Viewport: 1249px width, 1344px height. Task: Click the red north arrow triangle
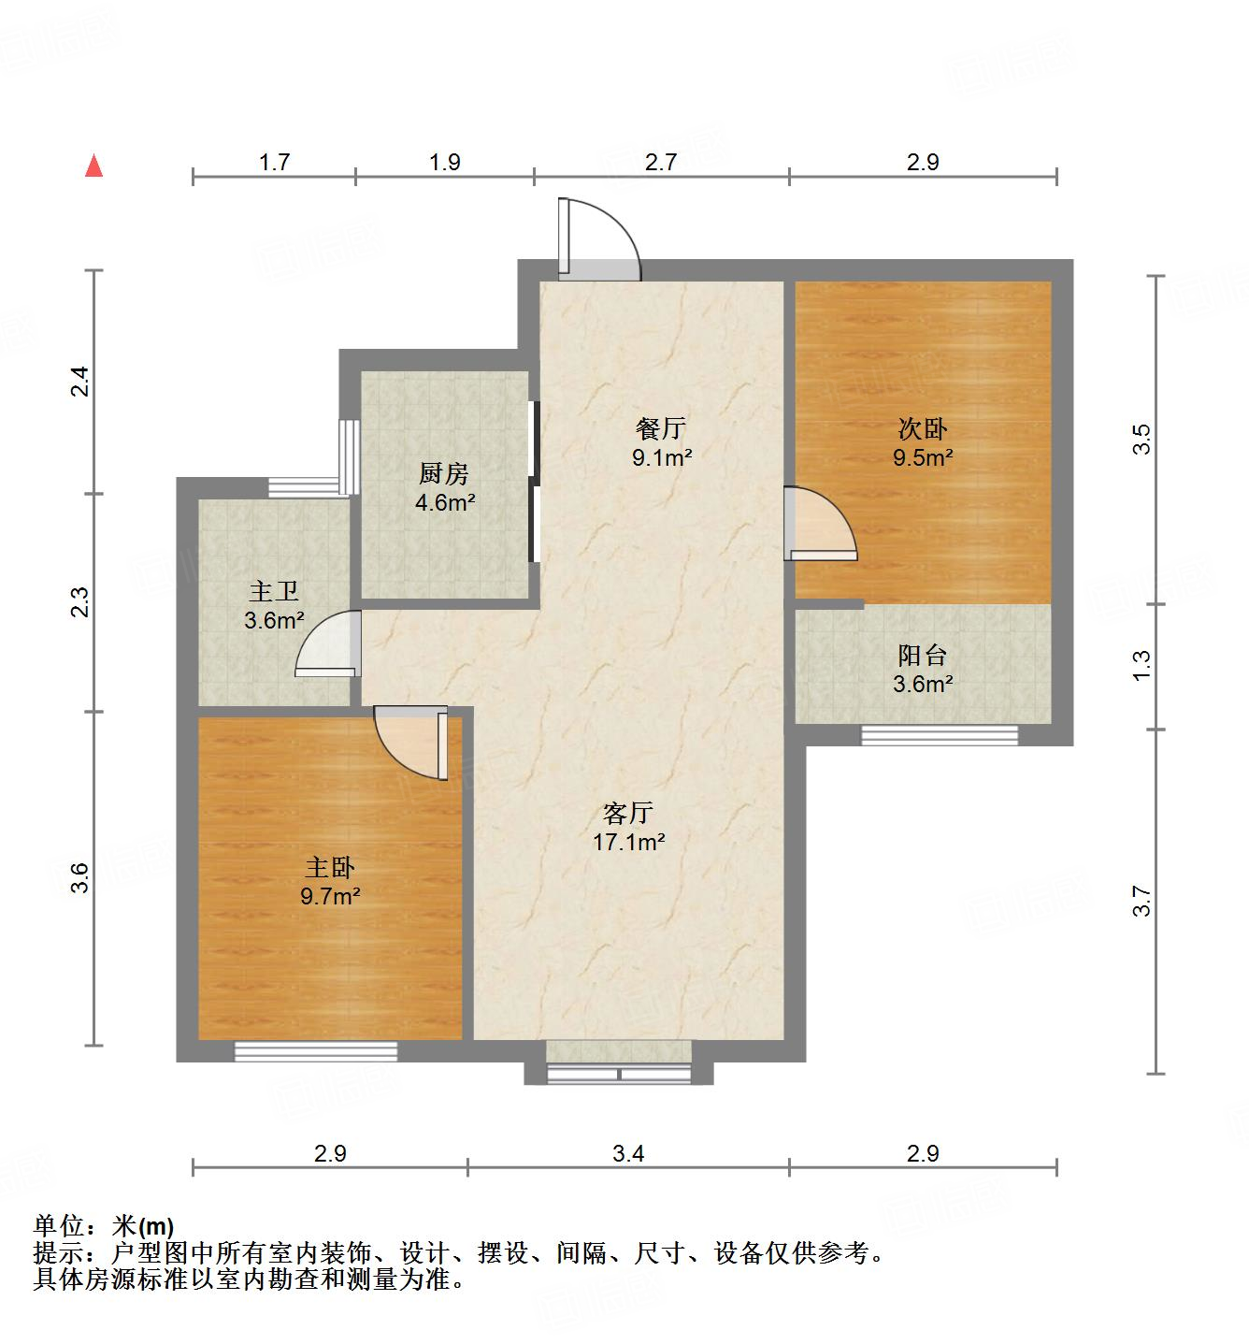pos(93,166)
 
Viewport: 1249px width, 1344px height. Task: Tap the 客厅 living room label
pos(628,813)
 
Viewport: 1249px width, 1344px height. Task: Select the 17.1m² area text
pos(628,842)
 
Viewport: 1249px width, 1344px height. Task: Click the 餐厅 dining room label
pos(661,429)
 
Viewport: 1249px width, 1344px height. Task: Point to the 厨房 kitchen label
pos(444,474)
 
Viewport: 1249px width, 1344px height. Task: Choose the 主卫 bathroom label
pos(274,591)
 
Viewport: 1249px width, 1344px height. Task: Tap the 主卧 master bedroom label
pos(330,868)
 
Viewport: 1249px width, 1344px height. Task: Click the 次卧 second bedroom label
pos(923,429)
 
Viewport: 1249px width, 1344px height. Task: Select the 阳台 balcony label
pos(923,655)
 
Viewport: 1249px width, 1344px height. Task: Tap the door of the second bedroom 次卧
pos(821,526)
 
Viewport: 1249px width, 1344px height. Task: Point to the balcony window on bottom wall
pos(940,735)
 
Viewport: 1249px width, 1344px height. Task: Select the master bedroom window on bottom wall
pos(316,1051)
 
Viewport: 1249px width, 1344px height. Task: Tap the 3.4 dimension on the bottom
pos(628,1153)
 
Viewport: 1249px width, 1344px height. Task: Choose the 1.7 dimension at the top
pos(274,162)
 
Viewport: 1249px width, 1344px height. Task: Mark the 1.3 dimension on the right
pos(1141,665)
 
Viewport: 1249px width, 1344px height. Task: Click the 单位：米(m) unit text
pos(104,1225)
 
